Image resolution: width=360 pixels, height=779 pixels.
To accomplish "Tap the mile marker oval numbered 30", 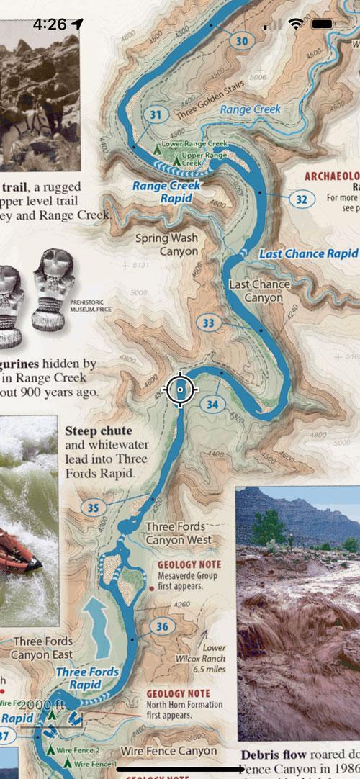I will [x=242, y=42].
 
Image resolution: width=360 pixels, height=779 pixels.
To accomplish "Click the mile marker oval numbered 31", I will [x=156, y=115].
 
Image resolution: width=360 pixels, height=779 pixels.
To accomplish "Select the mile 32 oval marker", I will [x=302, y=199].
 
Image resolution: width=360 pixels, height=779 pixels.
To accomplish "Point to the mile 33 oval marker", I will [x=208, y=323].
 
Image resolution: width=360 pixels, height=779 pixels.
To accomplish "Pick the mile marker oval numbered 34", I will [x=212, y=405].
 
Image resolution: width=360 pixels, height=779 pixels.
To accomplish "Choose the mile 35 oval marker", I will [x=93, y=508].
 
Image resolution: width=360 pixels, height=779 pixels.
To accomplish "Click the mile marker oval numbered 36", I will [x=162, y=627].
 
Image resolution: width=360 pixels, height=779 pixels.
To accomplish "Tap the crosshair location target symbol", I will [x=180, y=389].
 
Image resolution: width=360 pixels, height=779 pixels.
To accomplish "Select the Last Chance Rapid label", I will [x=308, y=254].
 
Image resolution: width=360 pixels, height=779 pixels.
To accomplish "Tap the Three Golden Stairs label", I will [x=210, y=94].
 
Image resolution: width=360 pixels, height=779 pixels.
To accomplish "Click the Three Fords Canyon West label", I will [x=179, y=533].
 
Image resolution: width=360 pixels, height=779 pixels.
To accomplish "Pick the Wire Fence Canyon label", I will [x=168, y=751].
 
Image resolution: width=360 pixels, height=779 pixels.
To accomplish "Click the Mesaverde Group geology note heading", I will [x=189, y=564].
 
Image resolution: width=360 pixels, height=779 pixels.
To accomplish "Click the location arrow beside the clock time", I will [x=78, y=24].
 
